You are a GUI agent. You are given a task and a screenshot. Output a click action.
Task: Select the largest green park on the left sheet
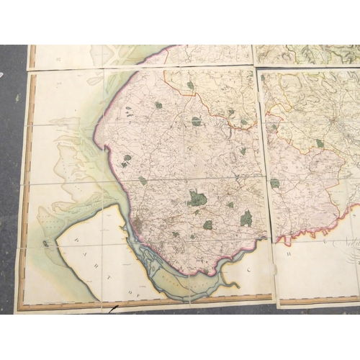pyautogui.click(x=197, y=197)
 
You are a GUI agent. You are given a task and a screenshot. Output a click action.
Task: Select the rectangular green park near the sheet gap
pyautogui.click(x=246, y=218)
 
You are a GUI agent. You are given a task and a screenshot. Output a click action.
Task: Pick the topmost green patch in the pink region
pyautogui.click(x=191, y=85)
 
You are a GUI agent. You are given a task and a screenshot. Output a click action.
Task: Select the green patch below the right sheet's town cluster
pyautogui.click(x=319, y=143)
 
